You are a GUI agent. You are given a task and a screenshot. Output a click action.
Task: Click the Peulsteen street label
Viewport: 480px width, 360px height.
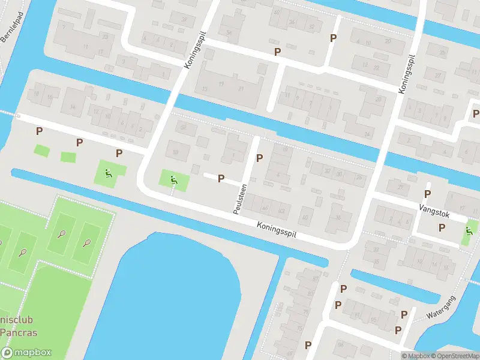pyautogui.click(x=238, y=197)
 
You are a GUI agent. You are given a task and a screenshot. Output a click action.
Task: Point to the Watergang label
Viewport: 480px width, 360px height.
pyautogui.click(x=442, y=307)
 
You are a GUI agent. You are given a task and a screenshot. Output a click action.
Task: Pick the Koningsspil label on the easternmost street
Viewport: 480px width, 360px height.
pyautogui.click(x=407, y=73)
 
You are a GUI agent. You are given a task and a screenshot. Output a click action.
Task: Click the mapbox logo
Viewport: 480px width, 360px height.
pyautogui.click(x=26, y=353)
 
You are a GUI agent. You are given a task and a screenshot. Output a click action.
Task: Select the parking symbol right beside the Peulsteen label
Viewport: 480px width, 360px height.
pyautogui.click(x=259, y=158)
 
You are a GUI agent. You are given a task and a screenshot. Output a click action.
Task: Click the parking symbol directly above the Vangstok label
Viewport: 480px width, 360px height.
pyautogui.click(x=427, y=194)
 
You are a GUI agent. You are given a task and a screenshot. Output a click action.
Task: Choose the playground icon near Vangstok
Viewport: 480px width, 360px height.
pyautogui.click(x=469, y=232)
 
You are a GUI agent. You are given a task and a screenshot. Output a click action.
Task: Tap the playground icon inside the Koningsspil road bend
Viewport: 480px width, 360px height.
pyautogui.click(x=173, y=179)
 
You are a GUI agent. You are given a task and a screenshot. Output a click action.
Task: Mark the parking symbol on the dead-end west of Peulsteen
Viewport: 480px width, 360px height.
pyautogui.click(x=221, y=178)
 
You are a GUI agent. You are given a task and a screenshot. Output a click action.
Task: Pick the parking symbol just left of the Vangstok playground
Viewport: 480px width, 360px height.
pyautogui.click(x=442, y=228)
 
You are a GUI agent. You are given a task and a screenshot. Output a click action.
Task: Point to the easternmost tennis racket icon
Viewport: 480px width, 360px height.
pyautogui.click(x=87, y=244)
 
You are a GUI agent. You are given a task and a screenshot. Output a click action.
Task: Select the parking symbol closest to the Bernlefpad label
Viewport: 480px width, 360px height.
pyautogui.click(x=39, y=131)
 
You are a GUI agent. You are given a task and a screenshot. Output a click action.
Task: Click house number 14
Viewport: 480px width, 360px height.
pyautogui.click(x=73, y=107)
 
